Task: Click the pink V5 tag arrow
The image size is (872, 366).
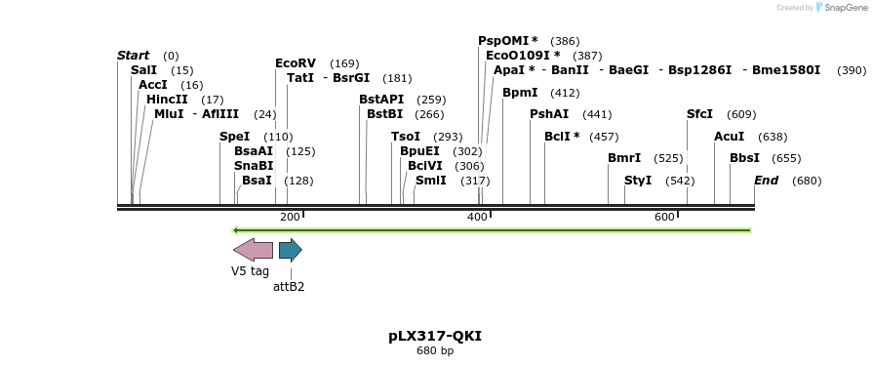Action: (x=253, y=250)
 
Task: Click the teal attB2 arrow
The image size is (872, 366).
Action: (x=290, y=250)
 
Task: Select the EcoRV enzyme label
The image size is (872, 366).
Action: (x=296, y=63)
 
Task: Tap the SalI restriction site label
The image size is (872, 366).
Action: (x=143, y=70)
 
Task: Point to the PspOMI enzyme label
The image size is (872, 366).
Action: (x=507, y=41)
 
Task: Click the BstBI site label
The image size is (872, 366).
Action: (x=384, y=114)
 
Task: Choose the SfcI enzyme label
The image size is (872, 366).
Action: (x=699, y=114)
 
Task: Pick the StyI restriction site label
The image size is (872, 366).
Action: (x=638, y=181)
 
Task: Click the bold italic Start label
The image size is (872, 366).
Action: (x=133, y=56)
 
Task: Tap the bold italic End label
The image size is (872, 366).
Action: (x=766, y=181)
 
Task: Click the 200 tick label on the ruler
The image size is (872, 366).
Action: (x=290, y=217)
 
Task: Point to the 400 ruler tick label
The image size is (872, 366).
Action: (x=477, y=217)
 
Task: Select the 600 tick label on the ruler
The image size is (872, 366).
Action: (x=664, y=217)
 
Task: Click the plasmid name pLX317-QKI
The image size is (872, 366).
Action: (x=435, y=336)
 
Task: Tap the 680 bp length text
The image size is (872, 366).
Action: (x=435, y=351)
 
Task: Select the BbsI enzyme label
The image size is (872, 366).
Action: (x=744, y=158)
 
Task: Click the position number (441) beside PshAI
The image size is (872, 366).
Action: (x=597, y=114)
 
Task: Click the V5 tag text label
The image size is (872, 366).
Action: (x=250, y=271)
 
